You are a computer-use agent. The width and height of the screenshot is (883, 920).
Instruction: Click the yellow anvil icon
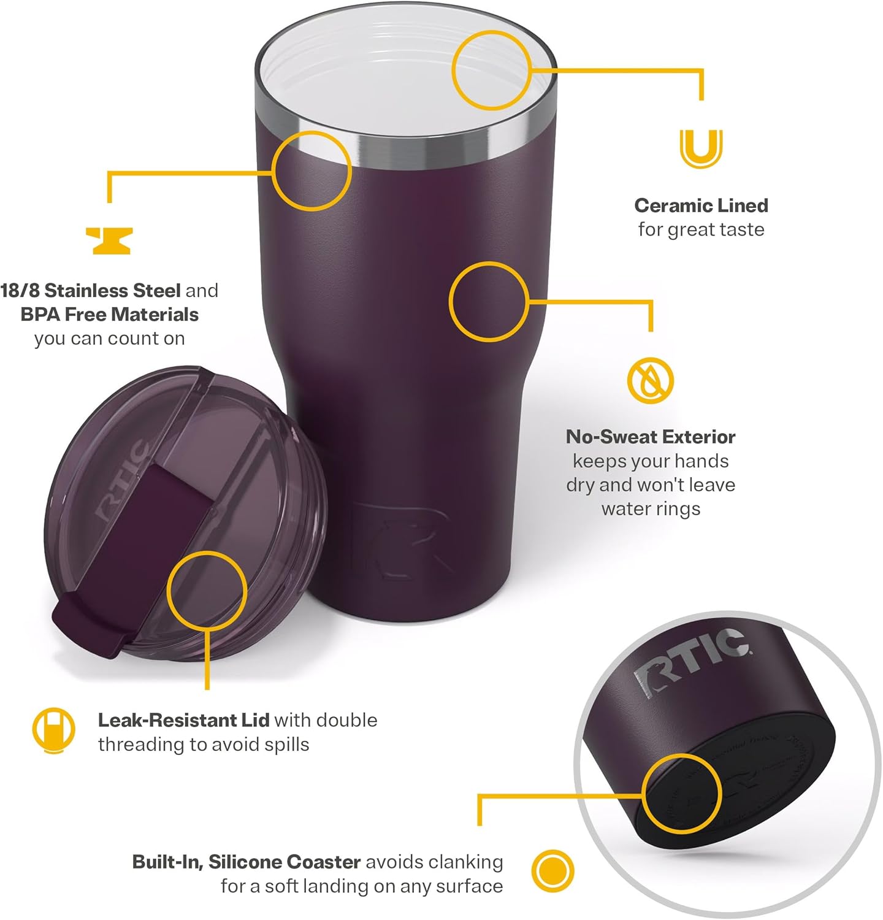[109, 240]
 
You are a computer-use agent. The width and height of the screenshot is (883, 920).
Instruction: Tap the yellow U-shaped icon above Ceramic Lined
[701, 148]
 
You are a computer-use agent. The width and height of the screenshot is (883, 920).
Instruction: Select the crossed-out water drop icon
[650, 380]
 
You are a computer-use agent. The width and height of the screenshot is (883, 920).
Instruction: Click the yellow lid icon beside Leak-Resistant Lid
[53, 730]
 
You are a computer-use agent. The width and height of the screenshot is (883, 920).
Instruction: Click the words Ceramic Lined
[701, 205]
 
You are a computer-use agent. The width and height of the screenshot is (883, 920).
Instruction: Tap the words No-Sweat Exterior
[651, 437]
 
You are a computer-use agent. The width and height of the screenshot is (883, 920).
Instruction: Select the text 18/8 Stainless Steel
[91, 290]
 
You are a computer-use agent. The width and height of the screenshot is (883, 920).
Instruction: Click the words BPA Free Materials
[110, 315]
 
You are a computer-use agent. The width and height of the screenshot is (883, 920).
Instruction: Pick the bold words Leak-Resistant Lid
[183, 720]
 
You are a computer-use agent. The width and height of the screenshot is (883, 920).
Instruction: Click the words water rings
[651, 509]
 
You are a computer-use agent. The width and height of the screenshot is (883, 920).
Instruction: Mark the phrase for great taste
[701, 230]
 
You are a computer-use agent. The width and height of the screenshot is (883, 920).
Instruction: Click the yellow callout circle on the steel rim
[312, 170]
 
